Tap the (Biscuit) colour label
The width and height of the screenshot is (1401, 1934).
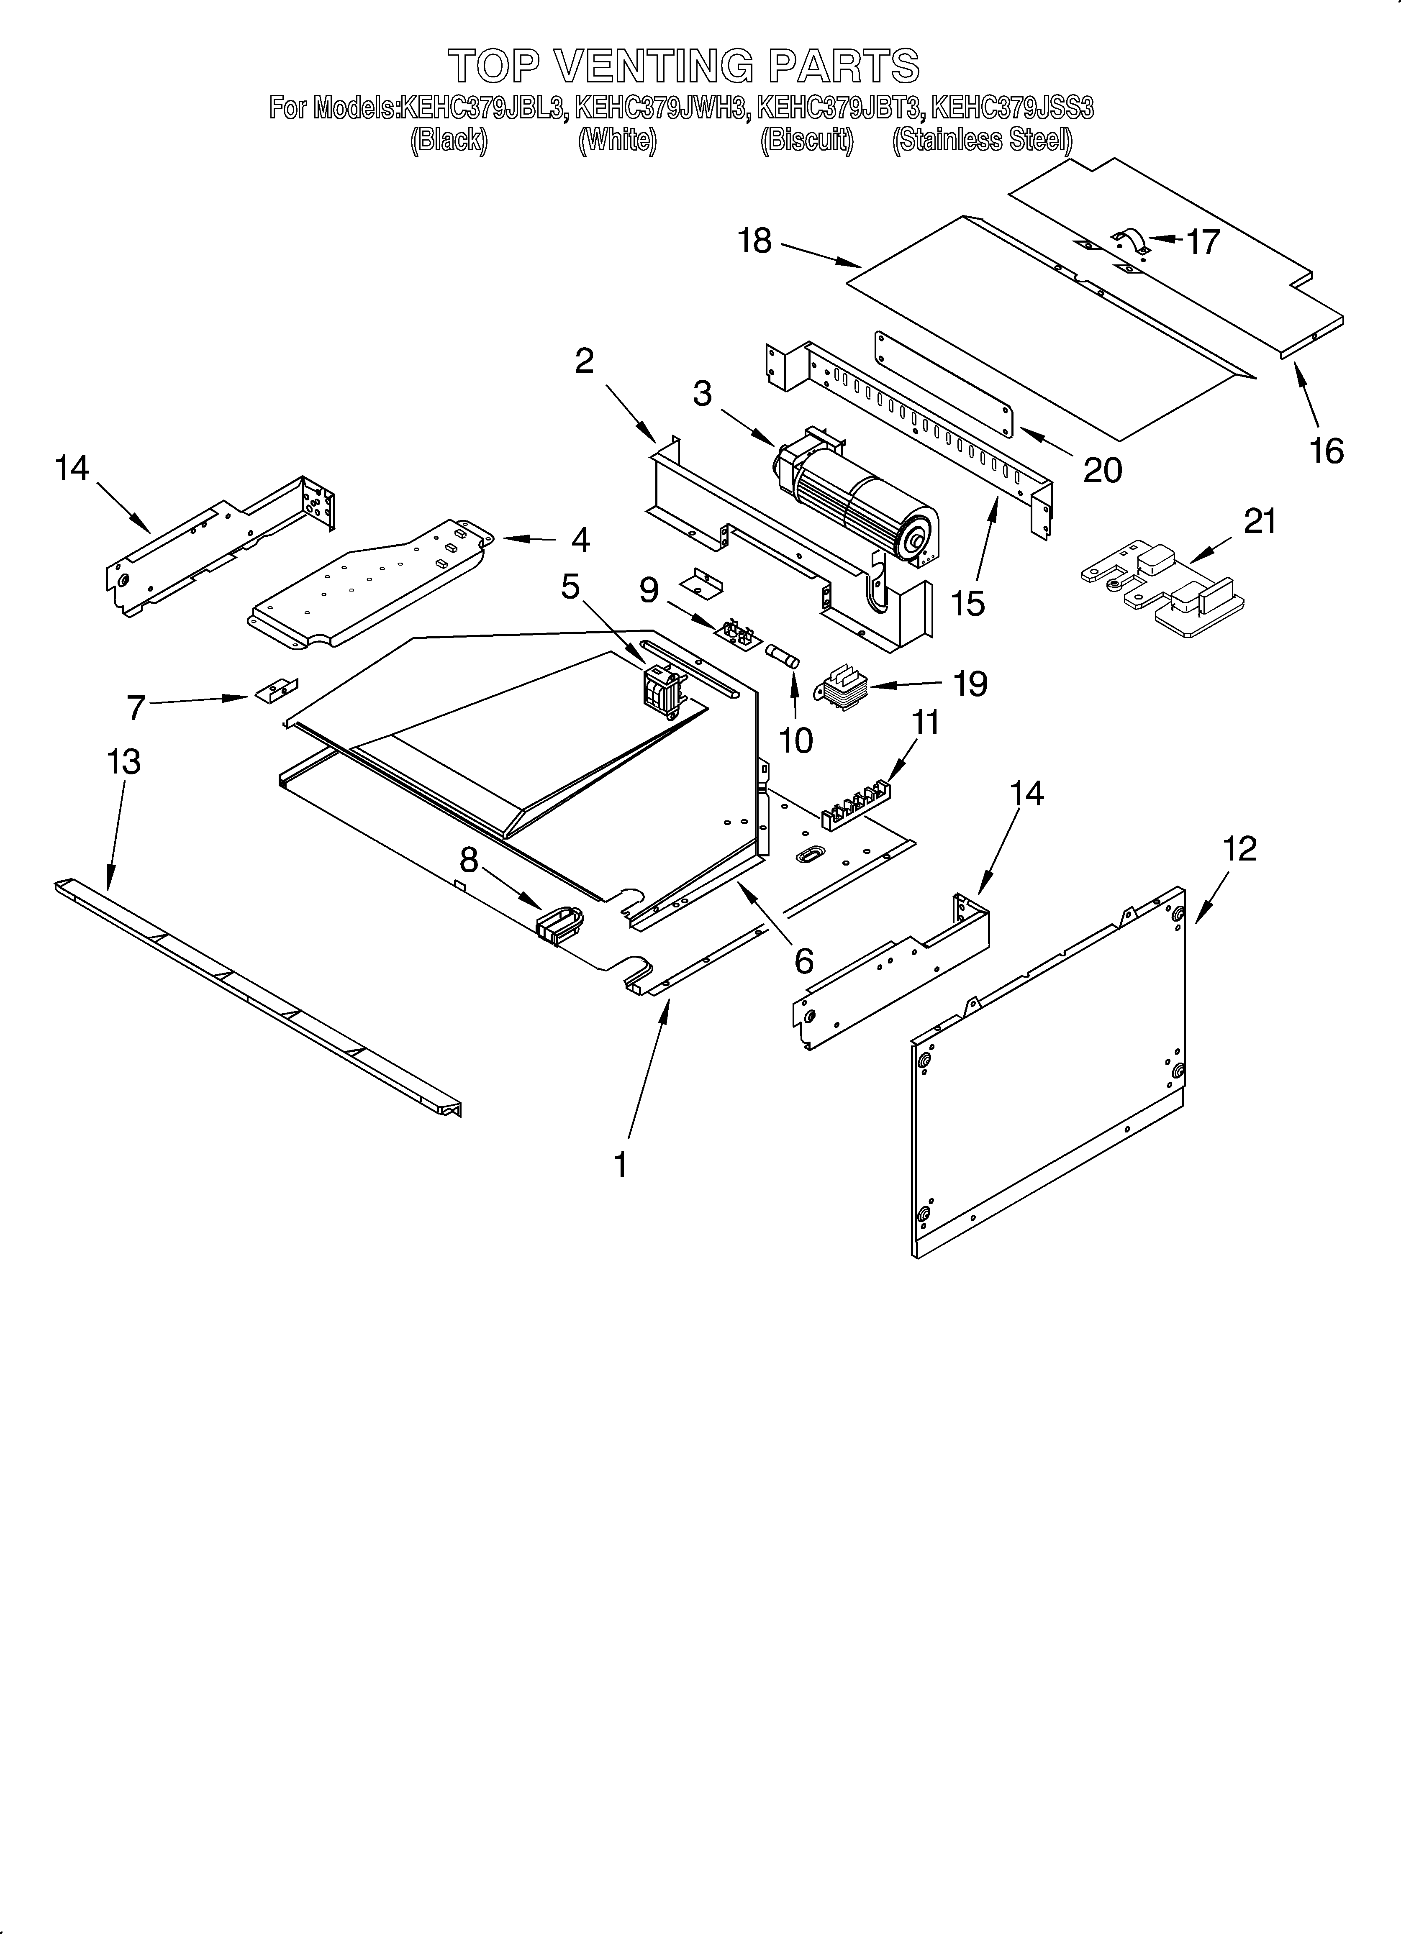tap(806, 140)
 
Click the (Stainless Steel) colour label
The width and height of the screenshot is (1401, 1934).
tap(981, 140)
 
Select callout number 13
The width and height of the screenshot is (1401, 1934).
tap(124, 761)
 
